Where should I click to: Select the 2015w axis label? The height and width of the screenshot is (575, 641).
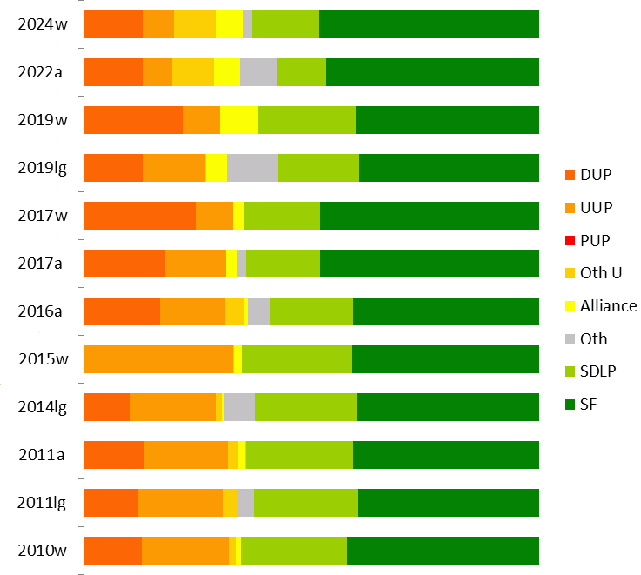coord(43,359)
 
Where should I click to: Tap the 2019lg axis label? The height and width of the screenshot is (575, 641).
coord(43,168)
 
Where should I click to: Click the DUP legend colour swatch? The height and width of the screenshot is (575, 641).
coord(570,175)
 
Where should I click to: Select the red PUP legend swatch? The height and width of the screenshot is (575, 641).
coord(570,240)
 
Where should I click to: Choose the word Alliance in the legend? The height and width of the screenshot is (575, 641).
coord(609,305)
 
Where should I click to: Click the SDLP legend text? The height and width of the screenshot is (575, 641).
coord(600,371)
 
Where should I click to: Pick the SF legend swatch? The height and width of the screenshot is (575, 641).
coord(570,404)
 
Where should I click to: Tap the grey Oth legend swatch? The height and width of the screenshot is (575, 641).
coord(570,338)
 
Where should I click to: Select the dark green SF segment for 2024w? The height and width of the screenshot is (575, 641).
coord(428,24)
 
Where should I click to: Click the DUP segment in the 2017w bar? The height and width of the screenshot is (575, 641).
coord(139,216)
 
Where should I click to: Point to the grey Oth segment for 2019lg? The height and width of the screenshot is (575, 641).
coord(253,168)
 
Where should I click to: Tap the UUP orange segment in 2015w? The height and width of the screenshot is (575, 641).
coord(159,359)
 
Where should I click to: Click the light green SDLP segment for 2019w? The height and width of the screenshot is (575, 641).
coord(307,120)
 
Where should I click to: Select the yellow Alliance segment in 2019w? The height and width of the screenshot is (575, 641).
coord(239,120)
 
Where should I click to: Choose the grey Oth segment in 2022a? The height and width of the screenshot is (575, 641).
coord(258,72)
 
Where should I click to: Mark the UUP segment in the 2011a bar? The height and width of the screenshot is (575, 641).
coord(186,455)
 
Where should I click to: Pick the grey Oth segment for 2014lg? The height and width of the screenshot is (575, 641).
coord(240,407)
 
